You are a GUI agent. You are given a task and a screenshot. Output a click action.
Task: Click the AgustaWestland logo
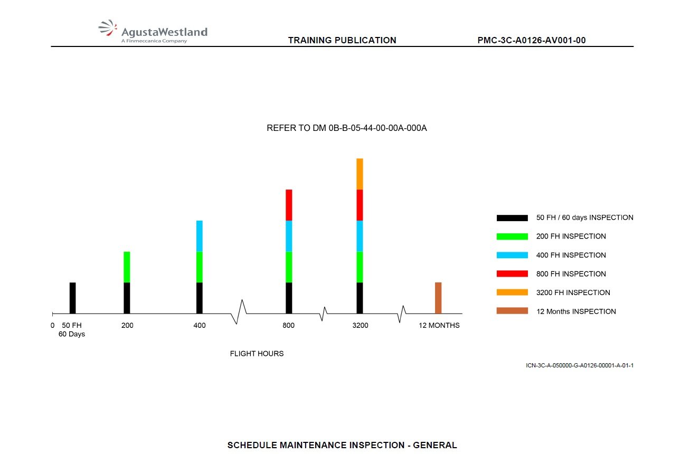tap(153, 31)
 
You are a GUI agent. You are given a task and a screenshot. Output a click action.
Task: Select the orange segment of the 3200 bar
tap(360, 174)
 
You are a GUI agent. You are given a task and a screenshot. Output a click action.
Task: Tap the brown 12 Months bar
tap(438, 298)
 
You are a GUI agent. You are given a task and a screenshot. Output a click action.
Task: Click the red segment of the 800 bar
tap(289, 205)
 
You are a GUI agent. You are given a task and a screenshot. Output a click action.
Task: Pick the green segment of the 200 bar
tap(127, 267)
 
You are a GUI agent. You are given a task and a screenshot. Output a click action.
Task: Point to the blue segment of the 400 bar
tap(200, 236)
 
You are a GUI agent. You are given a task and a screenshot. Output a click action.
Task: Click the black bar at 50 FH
tap(72, 298)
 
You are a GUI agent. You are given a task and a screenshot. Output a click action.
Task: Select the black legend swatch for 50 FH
tap(512, 217)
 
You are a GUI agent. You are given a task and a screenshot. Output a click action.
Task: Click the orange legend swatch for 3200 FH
tap(512, 292)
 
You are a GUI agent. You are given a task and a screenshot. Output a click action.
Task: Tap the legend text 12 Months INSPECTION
tap(576, 311)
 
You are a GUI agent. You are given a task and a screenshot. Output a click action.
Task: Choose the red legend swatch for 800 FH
tap(512, 273)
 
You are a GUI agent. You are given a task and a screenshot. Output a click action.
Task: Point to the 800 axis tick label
tap(289, 325)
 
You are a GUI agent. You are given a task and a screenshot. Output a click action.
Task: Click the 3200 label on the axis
tap(361, 325)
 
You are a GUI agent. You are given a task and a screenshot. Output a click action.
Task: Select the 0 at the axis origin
tap(52, 325)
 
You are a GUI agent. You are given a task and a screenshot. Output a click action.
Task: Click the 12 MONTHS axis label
tap(439, 325)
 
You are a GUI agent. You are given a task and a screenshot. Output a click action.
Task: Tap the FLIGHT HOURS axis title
tap(257, 354)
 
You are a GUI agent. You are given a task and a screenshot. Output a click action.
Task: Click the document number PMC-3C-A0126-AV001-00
tap(532, 40)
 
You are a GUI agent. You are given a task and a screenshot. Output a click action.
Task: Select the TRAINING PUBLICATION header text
tap(342, 40)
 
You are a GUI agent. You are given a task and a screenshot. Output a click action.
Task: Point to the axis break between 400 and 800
tap(239, 311)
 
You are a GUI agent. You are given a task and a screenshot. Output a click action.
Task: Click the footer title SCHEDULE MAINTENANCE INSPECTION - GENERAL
tap(342, 445)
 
